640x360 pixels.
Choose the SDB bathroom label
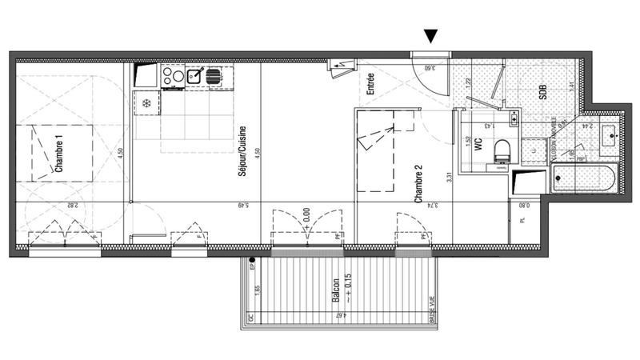542,92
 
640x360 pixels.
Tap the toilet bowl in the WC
502,150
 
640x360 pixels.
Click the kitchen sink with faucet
194,76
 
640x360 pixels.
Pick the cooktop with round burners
172,76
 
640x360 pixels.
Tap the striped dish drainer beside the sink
214,76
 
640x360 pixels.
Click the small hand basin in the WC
513,118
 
